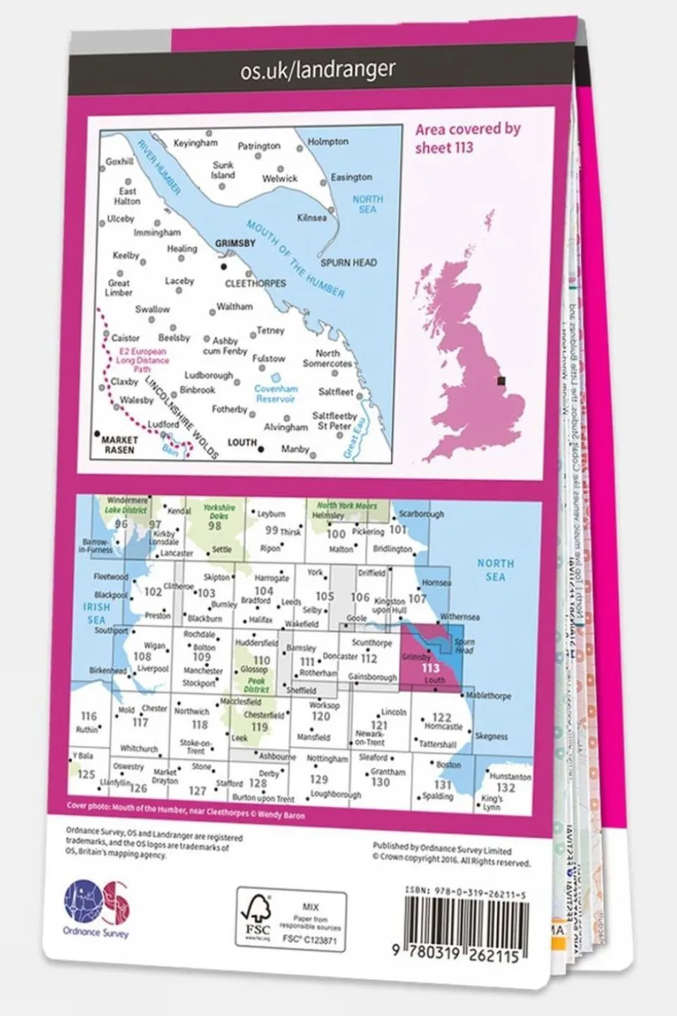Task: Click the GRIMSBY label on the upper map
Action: click(x=235, y=243)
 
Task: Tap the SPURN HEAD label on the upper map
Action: click(x=349, y=263)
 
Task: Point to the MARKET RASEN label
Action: click(x=119, y=444)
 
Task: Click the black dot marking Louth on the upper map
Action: click(x=261, y=448)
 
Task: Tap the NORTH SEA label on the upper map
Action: click(x=367, y=204)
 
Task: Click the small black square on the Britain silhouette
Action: click(x=501, y=381)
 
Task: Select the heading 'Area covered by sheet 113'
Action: click(x=467, y=138)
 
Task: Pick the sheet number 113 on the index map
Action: click(x=430, y=667)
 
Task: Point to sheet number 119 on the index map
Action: click(x=259, y=727)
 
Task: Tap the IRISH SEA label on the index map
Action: click(x=96, y=613)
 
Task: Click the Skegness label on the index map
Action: click(x=491, y=736)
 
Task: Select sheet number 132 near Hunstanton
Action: click(x=505, y=788)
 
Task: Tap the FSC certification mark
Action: click(x=258, y=920)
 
